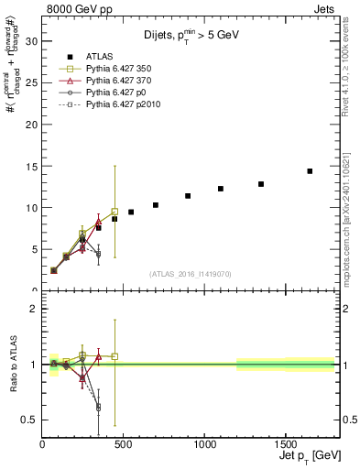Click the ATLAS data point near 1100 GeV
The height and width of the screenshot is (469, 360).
[221, 189]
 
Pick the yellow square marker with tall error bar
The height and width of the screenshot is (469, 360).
[115, 212]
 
